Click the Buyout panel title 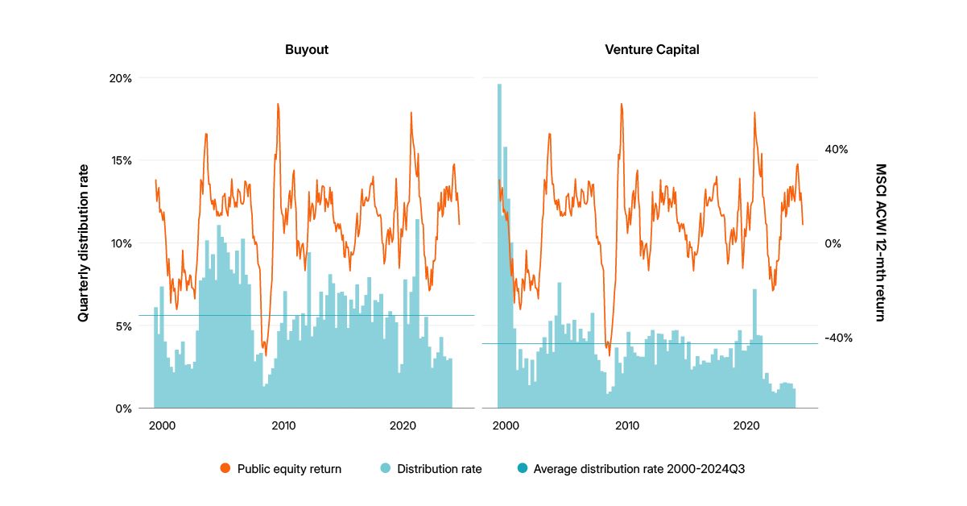coord(306,50)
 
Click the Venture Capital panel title coord(651,50)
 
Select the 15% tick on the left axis coord(122,160)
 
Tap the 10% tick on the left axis coord(122,243)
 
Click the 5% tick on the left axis coord(124,326)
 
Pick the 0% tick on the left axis coord(124,409)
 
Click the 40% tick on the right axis coord(837,149)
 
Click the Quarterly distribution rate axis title coord(83,243)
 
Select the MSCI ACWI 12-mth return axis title coord(880,243)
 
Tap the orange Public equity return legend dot coord(225,469)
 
